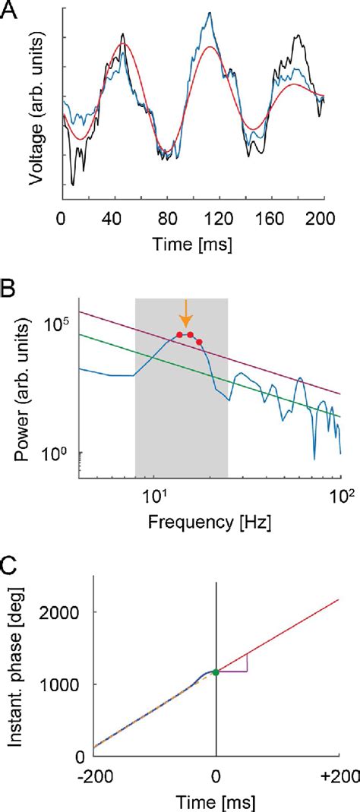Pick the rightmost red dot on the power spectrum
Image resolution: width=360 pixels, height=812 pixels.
click(200, 342)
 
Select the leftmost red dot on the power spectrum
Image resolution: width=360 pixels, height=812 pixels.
click(179, 335)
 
